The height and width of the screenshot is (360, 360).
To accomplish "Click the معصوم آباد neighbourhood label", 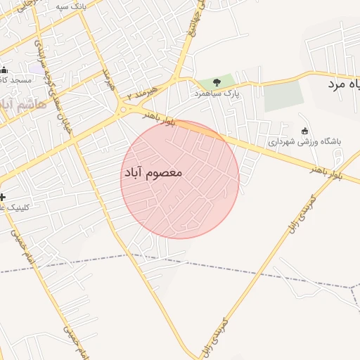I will [x=153, y=172].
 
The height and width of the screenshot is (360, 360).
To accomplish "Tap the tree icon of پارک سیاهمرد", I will [x=216, y=83].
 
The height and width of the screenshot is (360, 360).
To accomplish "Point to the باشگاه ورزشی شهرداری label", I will [x=304, y=141].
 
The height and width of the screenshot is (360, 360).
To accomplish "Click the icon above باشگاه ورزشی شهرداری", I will [x=304, y=131].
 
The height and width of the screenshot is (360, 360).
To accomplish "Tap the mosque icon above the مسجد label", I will [x=4, y=70].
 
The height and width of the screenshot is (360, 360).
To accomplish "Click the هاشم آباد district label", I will [x=21, y=105].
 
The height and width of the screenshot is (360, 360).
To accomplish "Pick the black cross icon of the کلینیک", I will [x=4, y=197].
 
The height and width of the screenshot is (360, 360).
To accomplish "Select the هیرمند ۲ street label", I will [x=150, y=90].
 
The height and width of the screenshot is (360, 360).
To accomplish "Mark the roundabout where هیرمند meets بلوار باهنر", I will [x=124, y=108].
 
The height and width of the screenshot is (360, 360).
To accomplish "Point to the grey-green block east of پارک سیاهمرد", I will [x=283, y=96].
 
